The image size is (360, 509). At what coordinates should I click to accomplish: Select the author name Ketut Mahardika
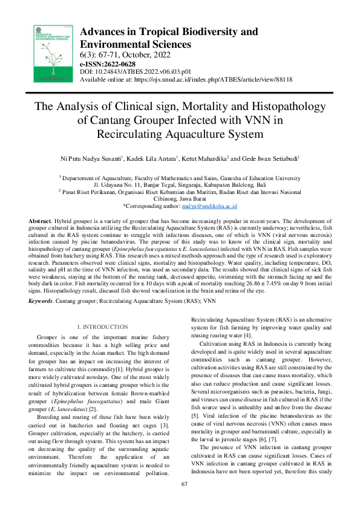(203, 158)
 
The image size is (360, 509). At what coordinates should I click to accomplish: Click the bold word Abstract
(40, 222)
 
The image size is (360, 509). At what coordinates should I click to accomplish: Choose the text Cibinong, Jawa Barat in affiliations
(180, 198)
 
